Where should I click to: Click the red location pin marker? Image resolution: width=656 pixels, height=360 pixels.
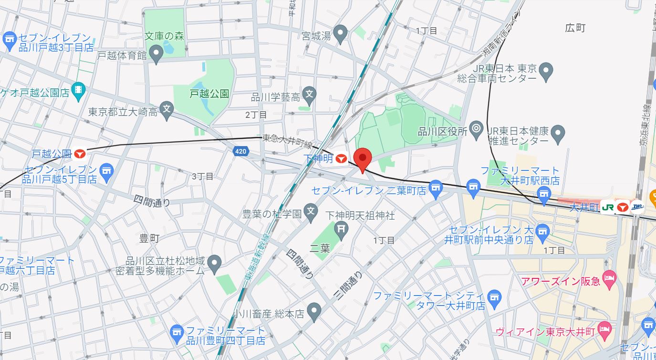(363, 159)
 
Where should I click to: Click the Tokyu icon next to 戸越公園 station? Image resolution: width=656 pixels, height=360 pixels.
(80, 154)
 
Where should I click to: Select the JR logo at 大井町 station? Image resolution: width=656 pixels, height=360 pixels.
(607, 207)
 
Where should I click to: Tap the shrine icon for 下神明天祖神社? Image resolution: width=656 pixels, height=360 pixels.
(341, 229)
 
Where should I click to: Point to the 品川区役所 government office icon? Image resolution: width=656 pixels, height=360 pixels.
(476, 129)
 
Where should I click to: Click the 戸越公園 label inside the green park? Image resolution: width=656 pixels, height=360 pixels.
(209, 94)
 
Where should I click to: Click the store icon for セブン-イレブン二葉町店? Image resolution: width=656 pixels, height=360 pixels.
(436, 190)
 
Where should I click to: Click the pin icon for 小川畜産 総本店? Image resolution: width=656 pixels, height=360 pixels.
(313, 313)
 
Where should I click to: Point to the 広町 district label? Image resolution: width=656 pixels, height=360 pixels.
(574, 28)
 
